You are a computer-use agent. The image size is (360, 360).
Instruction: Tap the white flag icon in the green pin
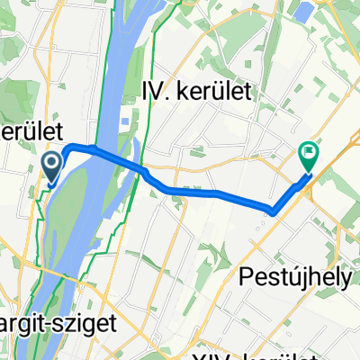coord(308,153)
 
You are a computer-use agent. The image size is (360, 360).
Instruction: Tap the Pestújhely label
coord(296,279)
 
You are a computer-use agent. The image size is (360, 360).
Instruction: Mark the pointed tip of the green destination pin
coord(308,172)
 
